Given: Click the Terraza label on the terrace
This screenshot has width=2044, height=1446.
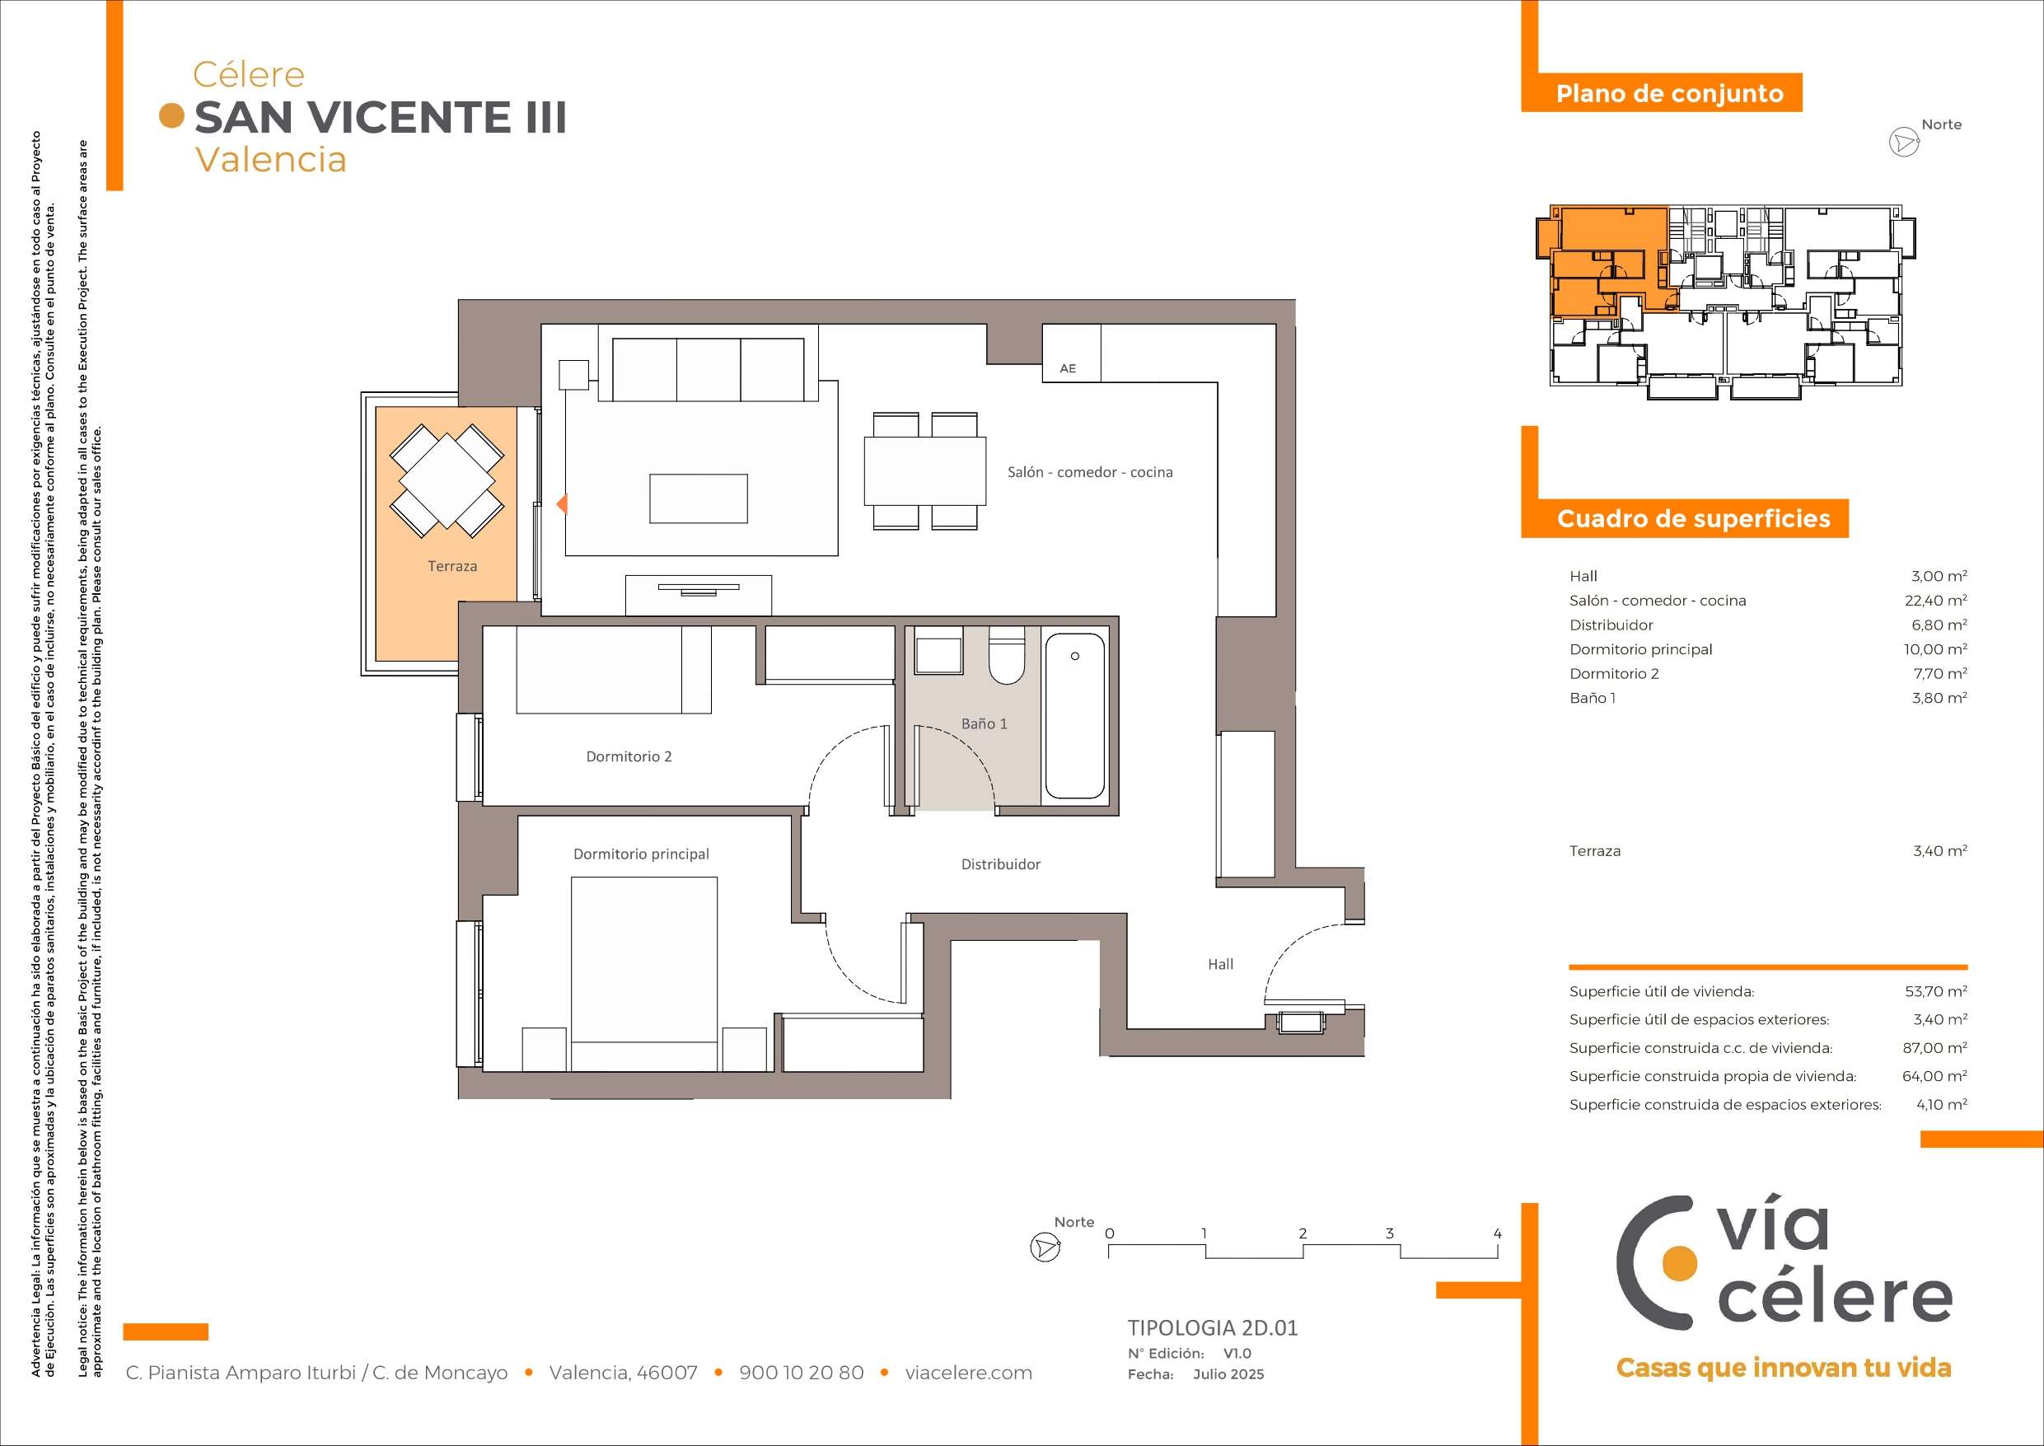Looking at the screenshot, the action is point(452,566).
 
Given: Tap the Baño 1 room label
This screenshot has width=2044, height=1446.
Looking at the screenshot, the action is point(984,724).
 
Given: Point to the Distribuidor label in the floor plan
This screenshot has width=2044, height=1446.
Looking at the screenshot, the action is point(1001,863).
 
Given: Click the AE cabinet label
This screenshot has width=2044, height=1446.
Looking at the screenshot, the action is point(1068,368).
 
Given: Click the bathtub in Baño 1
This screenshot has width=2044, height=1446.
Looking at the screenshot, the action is point(1074,716).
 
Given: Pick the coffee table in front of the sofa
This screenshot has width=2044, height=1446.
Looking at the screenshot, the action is point(698,498).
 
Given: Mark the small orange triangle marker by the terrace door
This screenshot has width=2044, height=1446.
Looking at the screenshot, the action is point(562,504).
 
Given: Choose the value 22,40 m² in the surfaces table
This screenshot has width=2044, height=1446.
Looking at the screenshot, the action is point(1935,601).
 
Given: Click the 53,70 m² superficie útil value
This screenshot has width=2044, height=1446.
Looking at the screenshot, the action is point(1935,991).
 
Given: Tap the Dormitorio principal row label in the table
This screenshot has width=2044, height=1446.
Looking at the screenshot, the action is point(1640,650).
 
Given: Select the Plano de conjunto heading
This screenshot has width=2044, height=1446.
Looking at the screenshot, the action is point(1669,93).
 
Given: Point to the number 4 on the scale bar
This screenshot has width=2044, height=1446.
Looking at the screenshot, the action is point(1498,1234).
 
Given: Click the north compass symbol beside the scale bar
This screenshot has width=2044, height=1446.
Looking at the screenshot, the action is point(1045,1247).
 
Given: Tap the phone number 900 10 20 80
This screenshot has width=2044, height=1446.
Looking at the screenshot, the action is point(802,1373).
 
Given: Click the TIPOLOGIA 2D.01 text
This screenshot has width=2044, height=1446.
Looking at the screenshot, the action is point(1213,1328).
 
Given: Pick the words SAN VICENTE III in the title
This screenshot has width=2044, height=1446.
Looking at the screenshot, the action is point(380,118).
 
